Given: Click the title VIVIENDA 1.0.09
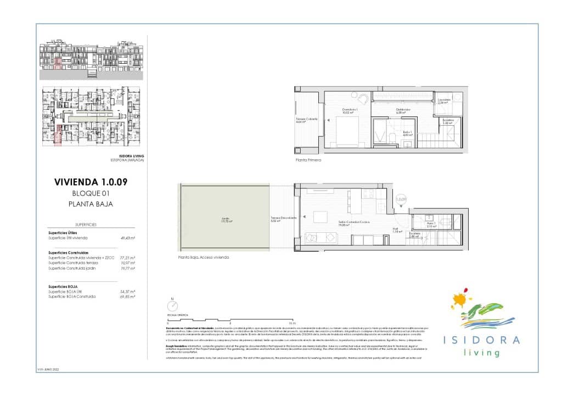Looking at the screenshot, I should click(x=92, y=182).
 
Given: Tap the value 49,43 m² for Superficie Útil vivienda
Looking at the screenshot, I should click(x=128, y=238).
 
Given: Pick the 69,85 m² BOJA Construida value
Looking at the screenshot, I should click(x=128, y=297).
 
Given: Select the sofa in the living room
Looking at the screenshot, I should click(x=322, y=237).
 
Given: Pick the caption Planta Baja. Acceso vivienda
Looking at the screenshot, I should click(x=203, y=257).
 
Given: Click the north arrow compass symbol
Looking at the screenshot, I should click(x=173, y=306).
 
